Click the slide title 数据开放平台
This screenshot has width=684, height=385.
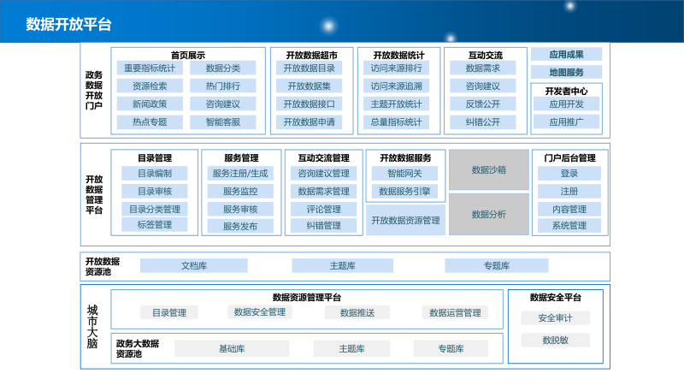pos(68,23)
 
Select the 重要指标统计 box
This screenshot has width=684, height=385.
pos(150,68)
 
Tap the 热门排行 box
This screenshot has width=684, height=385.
pos(222,86)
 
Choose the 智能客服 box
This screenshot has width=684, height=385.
pos(222,122)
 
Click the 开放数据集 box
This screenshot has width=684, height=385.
pos(309,86)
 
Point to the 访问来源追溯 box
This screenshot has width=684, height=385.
pos(397,86)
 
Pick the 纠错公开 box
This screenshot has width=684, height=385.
pos(483,122)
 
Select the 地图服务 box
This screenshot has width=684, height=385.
pos(566,72)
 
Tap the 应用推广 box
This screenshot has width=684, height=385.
pos(566,122)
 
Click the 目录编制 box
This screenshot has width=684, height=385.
pos(155,174)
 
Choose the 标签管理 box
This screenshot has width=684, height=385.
pos(155,225)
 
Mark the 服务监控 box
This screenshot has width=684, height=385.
pos(240,192)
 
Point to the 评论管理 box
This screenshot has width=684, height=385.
pos(323,209)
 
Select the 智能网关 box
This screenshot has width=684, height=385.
pos(404,174)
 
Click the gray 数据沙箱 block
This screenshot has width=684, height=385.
pos(488,169)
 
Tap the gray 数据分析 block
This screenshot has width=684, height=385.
pos(488,214)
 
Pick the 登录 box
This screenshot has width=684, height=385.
pos(569,174)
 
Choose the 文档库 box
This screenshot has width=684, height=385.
pos(193,266)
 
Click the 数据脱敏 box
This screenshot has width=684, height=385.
pos(555,340)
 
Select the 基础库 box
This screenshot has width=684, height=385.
pos(232,349)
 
